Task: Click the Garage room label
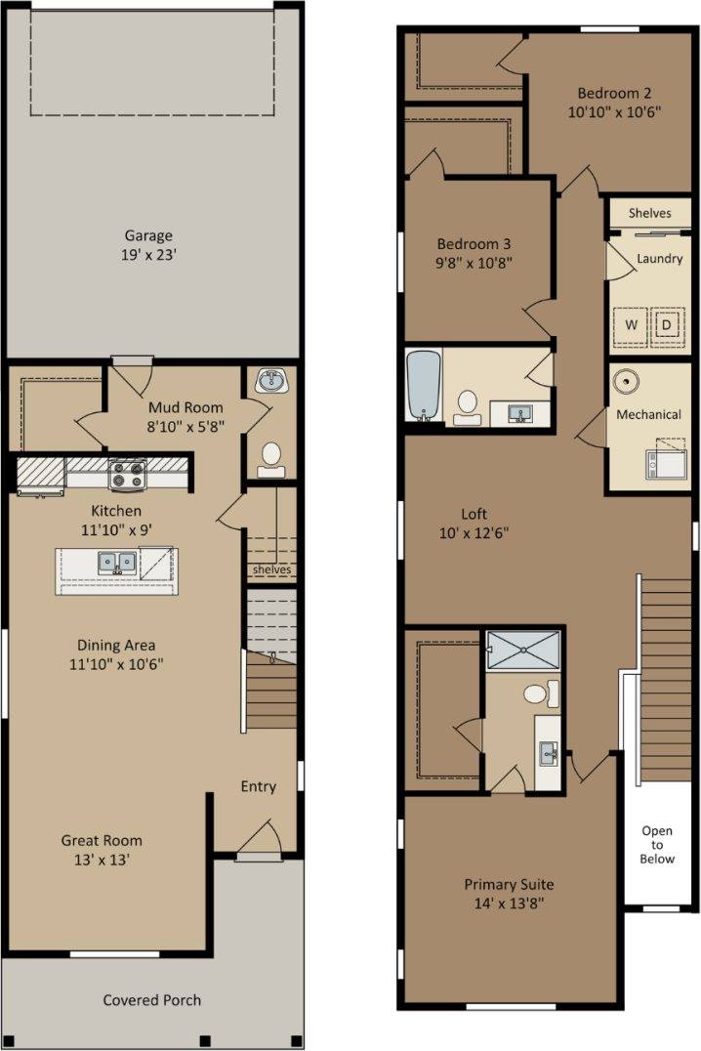pyautogui.click(x=148, y=236)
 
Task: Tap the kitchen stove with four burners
pyautogui.click(x=127, y=474)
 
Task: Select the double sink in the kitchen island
pyautogui.click(x=117, y=563)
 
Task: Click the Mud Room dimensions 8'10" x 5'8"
pyautogui.click(x=186, y=426)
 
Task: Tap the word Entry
pyautogui.click(x=258, y=786)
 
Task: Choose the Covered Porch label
pyautogui.click(x=152, y=1000)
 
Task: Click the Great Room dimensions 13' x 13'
pyautogui.click(x=102, y=860)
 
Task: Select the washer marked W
pyautogui.click(x=631, y=326)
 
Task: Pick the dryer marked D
pyautogui.click(x=667, y=326)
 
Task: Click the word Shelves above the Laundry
pyautogui.click(x=649, y=213)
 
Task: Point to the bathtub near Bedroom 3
pyautogui.click(x=424, y=386)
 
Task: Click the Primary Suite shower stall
pyautogui.click(x=522, y=650)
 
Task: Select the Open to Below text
pyautogui.click(x=657, y=845)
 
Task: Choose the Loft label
pyautogui.click(x=474, y=514)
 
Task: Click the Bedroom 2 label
pyautogui.click(x=614, y=93)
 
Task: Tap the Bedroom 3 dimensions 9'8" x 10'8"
pyautogui.click(x=474, y=263)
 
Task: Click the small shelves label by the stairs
pyautogui.click(x=271, y=569)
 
